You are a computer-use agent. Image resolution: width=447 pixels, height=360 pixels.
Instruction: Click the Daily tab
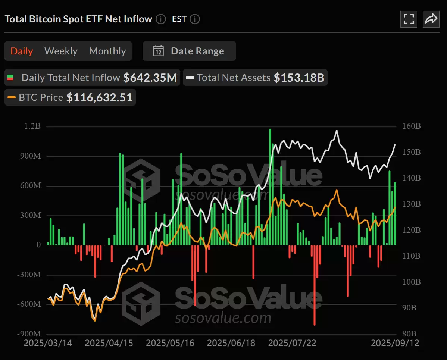pyautogui.click(x=22, y=51)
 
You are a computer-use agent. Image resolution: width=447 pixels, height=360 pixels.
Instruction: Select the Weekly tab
pyautogui.click(x=61, y=51)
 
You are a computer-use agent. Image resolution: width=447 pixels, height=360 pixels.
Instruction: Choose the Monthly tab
pyautogui.click(x=107, y=51)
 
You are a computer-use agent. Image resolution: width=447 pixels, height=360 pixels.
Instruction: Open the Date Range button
pyautogui.click(x=189, y=51)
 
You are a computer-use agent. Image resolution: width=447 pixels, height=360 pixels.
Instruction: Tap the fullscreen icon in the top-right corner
pyautogui.click(x=409, y=19)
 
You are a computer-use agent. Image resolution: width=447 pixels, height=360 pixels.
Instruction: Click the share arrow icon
pyautogui.click(x=431, y=19)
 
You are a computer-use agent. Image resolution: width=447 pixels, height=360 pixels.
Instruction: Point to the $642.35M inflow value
pyautogui.click(x=150, y=78)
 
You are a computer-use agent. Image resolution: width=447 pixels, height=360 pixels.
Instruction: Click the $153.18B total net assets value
pyautogui.click(x=299, y=78)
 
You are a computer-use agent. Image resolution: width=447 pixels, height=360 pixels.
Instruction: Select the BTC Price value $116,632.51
pyautogui.click(x=99, y=97)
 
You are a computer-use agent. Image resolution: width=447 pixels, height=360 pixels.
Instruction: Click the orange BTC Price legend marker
pyautogui.click(x=12, y=97)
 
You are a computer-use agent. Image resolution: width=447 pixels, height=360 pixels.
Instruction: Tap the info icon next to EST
pyautogui.click(x=195, y=19)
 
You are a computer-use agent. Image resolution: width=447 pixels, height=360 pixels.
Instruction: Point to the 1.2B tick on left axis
pyautogui.click(x=32, y=126)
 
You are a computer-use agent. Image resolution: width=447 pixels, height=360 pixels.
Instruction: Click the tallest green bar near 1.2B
pyautogui.click(x=270, y=187)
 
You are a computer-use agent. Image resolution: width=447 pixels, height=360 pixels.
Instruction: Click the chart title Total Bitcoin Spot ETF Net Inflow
pyautogui.click(x=78, y=19)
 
